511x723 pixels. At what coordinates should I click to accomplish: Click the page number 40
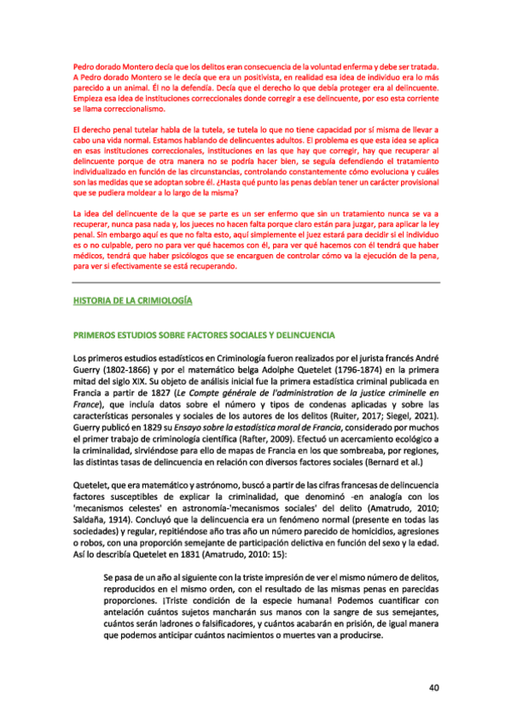pyautogui.click(x=433, y=687)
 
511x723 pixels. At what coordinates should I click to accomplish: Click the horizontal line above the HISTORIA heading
pyautogui.click(x=255, y=281)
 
